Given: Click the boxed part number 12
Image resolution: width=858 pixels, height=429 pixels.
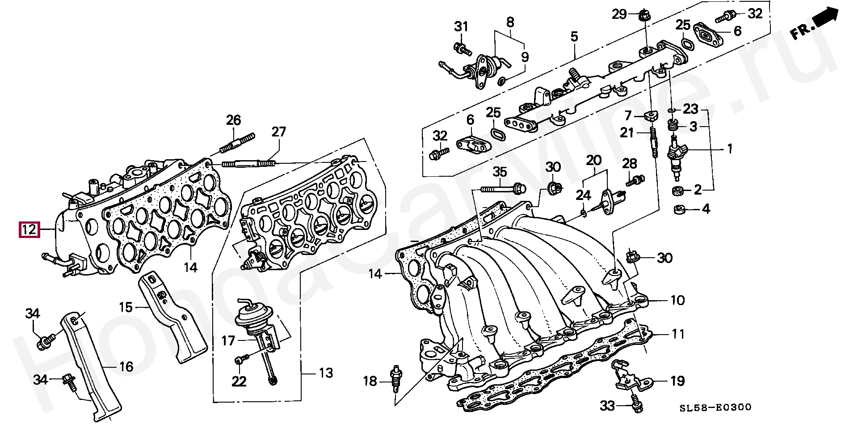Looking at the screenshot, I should pos(29,230).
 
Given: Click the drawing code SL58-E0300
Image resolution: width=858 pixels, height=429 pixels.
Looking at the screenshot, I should pos(715,408).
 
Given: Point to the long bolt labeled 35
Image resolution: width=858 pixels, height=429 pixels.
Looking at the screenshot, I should pos(503,189).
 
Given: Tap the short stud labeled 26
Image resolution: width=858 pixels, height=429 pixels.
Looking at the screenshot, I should pos(237,142).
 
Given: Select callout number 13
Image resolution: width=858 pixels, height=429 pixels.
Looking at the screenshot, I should pos(326,372).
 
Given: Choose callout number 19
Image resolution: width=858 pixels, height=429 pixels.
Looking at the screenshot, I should pos(677,381).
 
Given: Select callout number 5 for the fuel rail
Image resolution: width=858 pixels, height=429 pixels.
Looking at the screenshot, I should pos(574,36).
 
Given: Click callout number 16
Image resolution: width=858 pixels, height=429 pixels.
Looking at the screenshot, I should pos(126,367).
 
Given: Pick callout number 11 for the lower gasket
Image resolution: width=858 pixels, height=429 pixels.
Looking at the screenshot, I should pos(678,334).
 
